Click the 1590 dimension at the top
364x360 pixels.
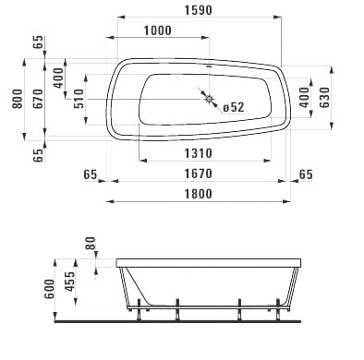(198, 10)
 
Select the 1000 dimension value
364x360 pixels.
(157, 30)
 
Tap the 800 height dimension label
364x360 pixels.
(18, 99)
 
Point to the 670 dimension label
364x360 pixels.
(38, 99)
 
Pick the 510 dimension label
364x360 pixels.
(79, 99)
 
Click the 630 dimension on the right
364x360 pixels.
(324, 98)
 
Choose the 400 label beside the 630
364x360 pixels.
(304, 98)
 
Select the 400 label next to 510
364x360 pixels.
(58, 78)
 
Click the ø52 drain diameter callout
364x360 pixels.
(234, 107)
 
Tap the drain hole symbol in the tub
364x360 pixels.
(210, 99)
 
